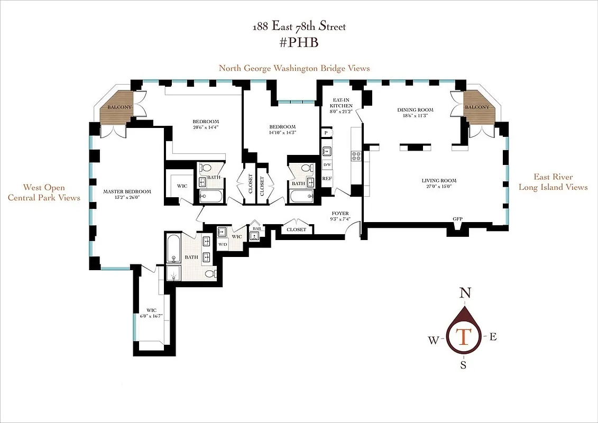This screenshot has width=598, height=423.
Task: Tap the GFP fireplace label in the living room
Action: point(457,218)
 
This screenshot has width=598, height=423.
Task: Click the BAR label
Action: point(256,228)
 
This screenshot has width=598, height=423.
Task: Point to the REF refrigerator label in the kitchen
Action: point(327,179)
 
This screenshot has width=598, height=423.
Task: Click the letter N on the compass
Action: point(465,293)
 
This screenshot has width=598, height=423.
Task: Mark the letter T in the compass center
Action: point(464,336)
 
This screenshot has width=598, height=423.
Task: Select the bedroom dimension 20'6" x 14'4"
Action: point(206,127)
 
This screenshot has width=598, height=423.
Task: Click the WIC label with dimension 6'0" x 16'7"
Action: point(151,313)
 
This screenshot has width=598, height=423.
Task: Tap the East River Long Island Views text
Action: point(553,182)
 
